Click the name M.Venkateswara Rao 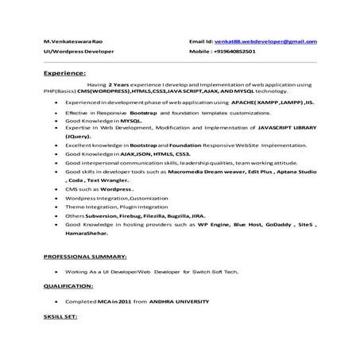coord(72,41)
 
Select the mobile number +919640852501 coord(245,51)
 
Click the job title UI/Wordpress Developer coord(79,51)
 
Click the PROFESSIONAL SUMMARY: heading coord(85,257)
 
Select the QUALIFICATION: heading coord(68,284)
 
